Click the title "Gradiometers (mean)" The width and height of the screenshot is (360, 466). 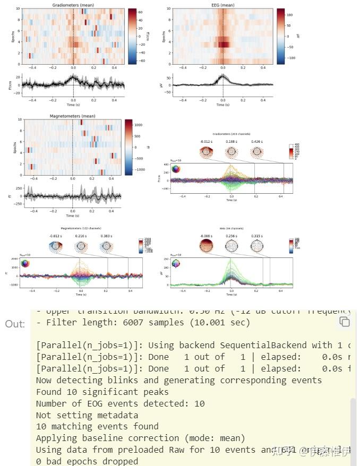click(x=73, y=5)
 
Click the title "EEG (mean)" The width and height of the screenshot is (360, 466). click(x=223, y=5)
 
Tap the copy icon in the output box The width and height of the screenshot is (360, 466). click(x=345, y=322)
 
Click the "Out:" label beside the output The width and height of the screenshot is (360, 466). click(x=15, y=324)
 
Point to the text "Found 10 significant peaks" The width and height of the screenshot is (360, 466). click(x=102, y=392)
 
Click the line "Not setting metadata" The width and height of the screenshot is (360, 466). click(x=87, y=415)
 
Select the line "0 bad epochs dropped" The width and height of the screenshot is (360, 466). click(x=87, y=461)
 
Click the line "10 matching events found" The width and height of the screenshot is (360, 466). click(x=97, y=426)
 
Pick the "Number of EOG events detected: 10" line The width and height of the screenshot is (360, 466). click(x=120, y=403)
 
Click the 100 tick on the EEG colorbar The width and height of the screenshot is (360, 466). click(x=290, y=15)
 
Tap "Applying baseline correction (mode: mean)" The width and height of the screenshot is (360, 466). click(x=140, y=438)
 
